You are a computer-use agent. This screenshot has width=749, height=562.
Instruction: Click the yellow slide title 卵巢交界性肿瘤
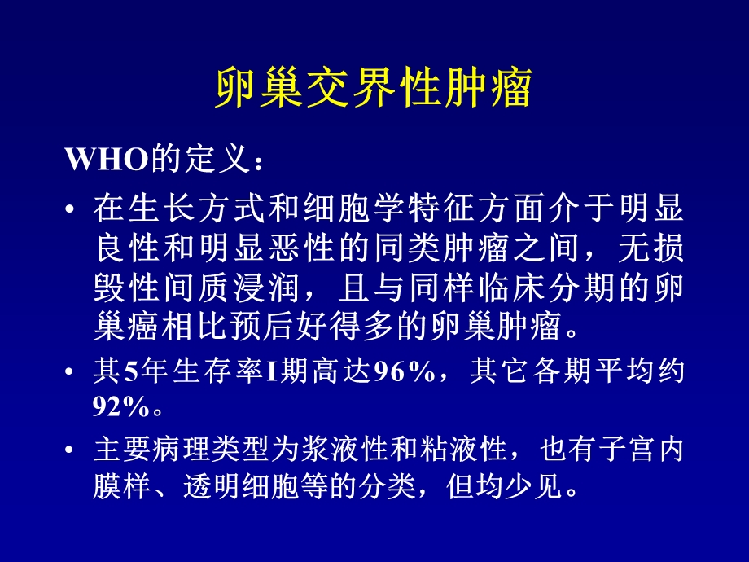(x=374, y=88)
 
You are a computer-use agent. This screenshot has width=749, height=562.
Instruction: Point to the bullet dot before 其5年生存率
(x=74, y=373)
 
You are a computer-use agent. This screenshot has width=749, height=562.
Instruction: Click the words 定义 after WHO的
(x=214, y=159)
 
